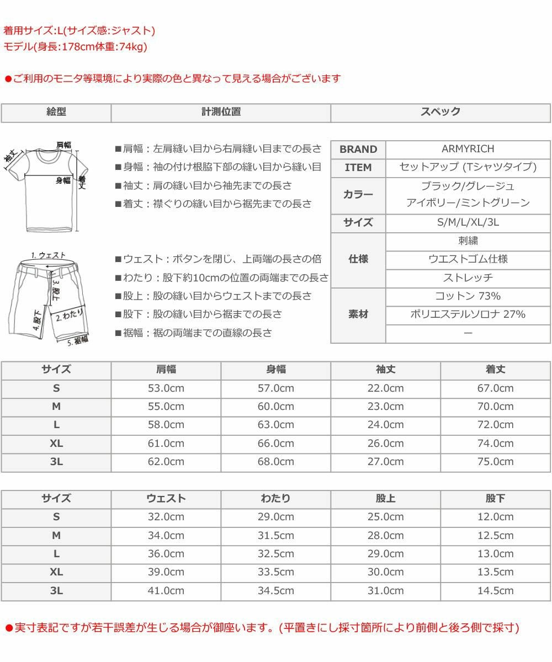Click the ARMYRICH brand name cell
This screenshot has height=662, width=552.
click(x=468, y=149)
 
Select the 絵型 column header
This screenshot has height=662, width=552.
click(x=56, y=112)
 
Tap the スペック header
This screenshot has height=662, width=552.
click(x=440, y=112)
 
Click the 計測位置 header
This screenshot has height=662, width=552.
click(x=221, y=112)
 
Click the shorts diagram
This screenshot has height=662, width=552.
click(x=49, y=298)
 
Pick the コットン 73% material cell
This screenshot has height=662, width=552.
click(x=468, y=296)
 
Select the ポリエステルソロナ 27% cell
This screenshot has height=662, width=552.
click(x=468, y=314)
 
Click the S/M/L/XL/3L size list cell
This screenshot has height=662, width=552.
click(x=468, y=223)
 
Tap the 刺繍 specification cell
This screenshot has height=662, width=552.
click(x=468, y=241)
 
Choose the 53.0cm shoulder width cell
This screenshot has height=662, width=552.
click(x=166, y=388)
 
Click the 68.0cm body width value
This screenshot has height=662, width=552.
click(x=276, y=462)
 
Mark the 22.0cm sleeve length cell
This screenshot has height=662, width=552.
click(x=385, y=388)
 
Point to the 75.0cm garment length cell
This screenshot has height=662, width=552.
click(x=495, y=462)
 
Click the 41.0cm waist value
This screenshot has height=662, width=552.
click(x=166, y=591)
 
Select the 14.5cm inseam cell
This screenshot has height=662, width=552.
click(x=495, y=591)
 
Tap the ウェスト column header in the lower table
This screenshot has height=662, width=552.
click(x=166, y=499)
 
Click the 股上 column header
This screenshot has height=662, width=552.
click(x=385, y=499)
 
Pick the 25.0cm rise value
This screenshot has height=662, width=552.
click(x=385, y=517)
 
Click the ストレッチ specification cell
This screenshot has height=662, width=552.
click(x=468, y=278)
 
